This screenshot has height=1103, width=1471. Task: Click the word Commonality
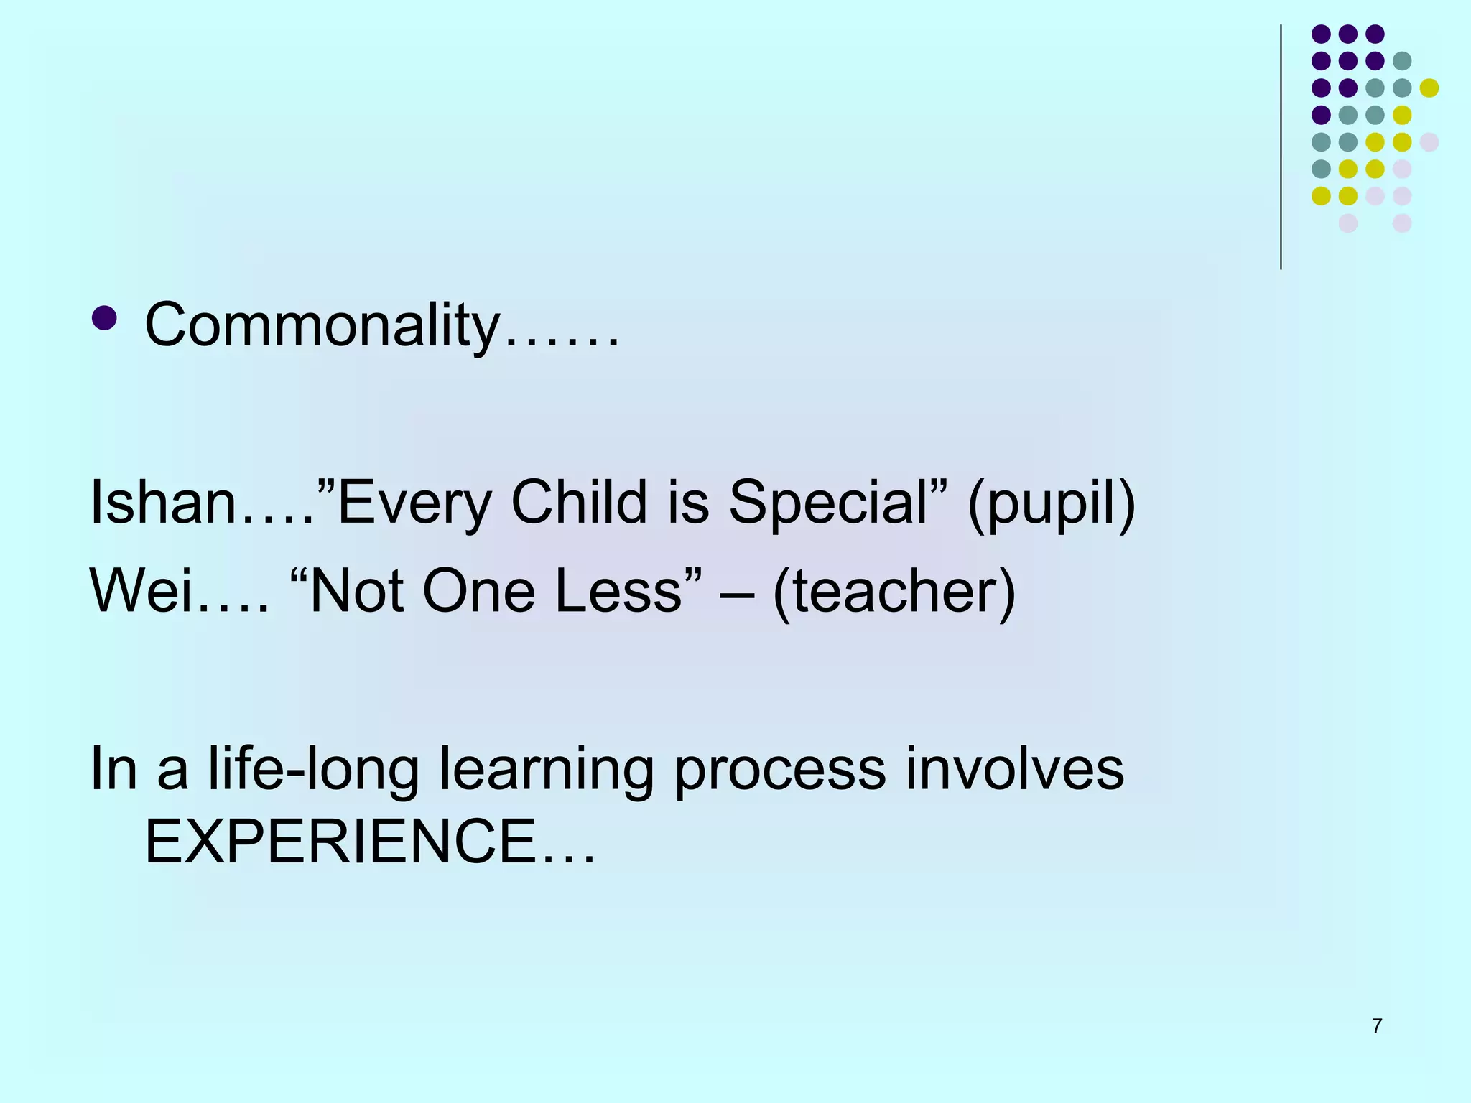click(x=322, y=325)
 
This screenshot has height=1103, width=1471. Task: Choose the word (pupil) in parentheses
click(x=1052, y=504)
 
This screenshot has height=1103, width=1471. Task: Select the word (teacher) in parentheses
click(x=894, y=592)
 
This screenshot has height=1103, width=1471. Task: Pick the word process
click(x=780, y=771)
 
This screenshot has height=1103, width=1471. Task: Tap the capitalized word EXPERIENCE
click(x=340, y=842)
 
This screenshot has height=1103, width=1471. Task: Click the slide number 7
click(x=1377, y=1026)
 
